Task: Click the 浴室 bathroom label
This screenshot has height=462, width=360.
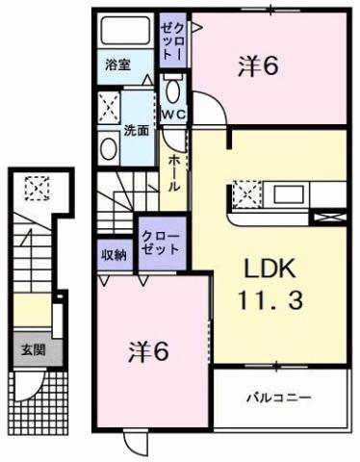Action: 117,66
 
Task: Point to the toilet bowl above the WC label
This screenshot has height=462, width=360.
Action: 173,91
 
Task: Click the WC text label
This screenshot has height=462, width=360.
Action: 173,115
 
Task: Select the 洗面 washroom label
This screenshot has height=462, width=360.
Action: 136,129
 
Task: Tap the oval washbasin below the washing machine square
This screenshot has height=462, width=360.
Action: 107,146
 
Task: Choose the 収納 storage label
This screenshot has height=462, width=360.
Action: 114,254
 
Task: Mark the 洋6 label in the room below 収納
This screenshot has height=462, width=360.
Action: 149,353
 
